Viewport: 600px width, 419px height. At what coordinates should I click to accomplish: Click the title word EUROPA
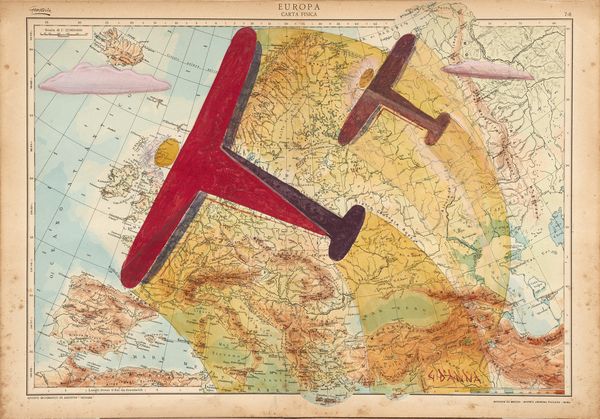(300, 6)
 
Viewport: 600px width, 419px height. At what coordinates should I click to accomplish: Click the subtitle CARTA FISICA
(300, 16)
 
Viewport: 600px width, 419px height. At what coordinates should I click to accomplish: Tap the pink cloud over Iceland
(104, 78)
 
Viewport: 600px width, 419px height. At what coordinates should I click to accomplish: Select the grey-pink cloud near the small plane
(488, 69)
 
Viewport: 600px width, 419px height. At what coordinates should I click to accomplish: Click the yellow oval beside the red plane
(167, 152)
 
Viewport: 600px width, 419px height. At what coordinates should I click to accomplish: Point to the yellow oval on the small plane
(366, 77)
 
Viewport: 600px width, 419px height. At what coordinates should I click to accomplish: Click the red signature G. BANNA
(461, 376)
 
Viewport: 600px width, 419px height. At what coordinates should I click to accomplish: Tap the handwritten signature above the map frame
(39, 7)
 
